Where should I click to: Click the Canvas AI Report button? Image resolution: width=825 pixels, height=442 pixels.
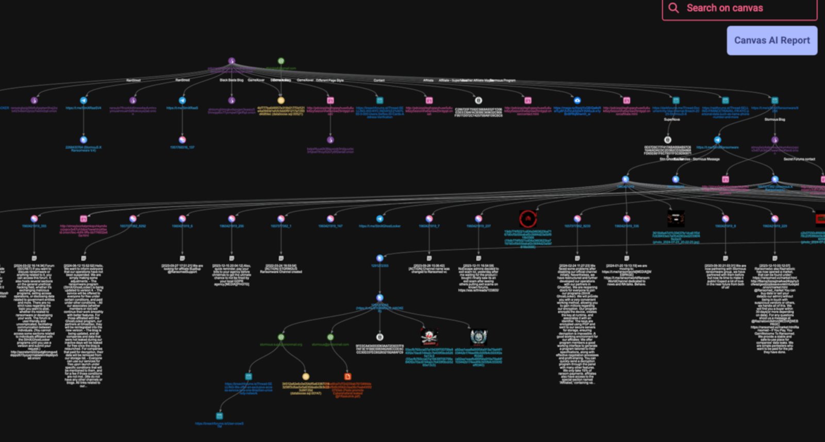click(771, 40)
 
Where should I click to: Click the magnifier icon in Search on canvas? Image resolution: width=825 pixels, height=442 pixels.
click(673, 8)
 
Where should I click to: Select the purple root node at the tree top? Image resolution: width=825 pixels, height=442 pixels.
click(232, 61)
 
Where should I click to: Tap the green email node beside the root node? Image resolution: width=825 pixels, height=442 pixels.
click(280, 61)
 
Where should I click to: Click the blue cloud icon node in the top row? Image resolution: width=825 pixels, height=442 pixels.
click(577, 100)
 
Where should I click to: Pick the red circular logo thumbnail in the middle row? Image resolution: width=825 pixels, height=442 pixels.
click(527, 218)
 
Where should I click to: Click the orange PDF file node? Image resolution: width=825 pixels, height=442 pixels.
click(348, 377)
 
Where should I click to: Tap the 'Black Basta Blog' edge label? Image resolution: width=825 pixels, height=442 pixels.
click(232, 80)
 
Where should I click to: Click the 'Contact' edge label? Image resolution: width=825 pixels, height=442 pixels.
click(379, 80)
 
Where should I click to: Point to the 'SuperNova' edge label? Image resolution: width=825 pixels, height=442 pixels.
click(671, 120)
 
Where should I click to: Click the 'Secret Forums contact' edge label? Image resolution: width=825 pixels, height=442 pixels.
click(799, 159)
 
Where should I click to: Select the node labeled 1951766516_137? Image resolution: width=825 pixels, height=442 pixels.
click(182, 140)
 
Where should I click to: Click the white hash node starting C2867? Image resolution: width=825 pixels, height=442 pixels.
click(478, 100)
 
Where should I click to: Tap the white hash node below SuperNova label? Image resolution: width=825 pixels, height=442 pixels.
click(667, 140)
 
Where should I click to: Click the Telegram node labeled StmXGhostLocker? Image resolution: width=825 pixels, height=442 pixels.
click(379, 218)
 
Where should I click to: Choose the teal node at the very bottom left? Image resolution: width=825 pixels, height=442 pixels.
click(219, 416)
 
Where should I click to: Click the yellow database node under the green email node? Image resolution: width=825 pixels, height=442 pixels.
click(280, 100)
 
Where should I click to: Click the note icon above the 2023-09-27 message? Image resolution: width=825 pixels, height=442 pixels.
click(182, 258)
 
